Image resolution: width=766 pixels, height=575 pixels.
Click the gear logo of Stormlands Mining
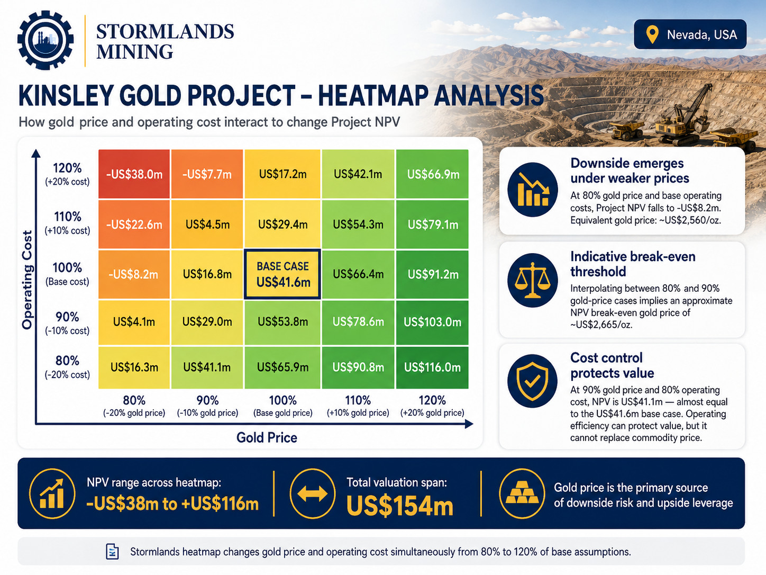click(45, 40)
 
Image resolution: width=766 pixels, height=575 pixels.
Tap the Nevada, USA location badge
click(690, 34)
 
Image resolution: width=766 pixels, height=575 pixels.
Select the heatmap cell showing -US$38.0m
click(134, 174)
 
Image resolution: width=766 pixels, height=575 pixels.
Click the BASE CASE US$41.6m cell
click(282, 274)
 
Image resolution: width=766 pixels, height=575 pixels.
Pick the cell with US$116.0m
click(432, 367)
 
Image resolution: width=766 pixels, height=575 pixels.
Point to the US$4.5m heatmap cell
click(207, 224)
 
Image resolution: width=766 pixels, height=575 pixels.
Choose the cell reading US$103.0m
click(432, 322)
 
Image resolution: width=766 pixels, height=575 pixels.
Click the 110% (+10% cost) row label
click(67, 223)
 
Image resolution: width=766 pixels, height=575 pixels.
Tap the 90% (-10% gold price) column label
click(208, 406)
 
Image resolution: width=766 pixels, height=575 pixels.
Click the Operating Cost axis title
click(27, 280)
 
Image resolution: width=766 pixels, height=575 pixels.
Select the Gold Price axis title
click(267, 437)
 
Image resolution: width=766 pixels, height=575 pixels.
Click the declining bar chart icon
click(533, 190)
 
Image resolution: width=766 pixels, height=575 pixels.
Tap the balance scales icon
click(533, 280)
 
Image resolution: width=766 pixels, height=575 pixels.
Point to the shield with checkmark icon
click(533, 381)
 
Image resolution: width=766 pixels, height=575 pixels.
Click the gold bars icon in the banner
click(522, 493)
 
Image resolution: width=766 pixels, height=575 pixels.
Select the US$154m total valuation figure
click(400, 506)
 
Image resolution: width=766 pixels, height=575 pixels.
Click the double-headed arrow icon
click(312, 493)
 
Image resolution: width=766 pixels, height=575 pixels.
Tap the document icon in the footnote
click(112, 552)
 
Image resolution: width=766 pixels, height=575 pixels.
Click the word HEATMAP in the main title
click(369, 95)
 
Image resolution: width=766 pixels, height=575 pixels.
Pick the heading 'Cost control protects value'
click(612, 365)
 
